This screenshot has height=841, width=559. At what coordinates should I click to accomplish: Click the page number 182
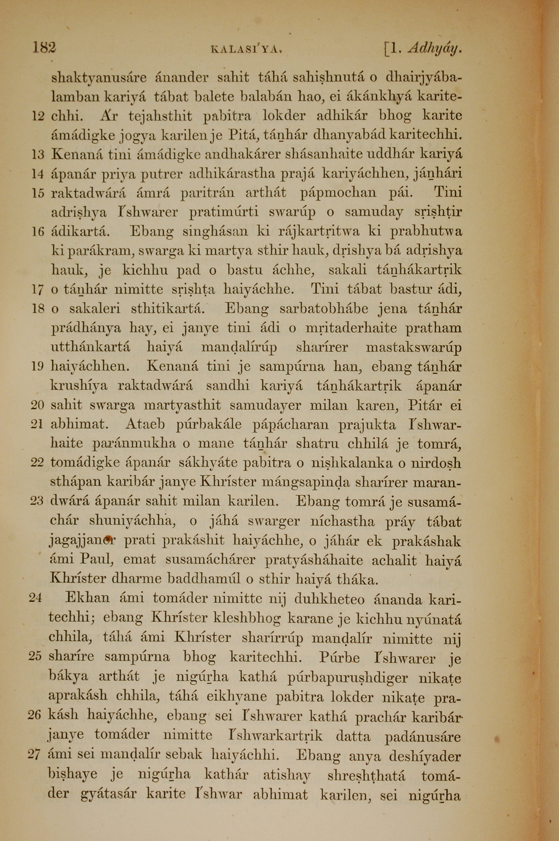coord(44,48)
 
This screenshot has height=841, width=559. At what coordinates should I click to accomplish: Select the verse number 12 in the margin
coord(38,116)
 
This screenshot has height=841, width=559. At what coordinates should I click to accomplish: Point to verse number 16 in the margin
coord(38,232)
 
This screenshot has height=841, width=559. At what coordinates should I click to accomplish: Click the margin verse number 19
coord(37,367)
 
